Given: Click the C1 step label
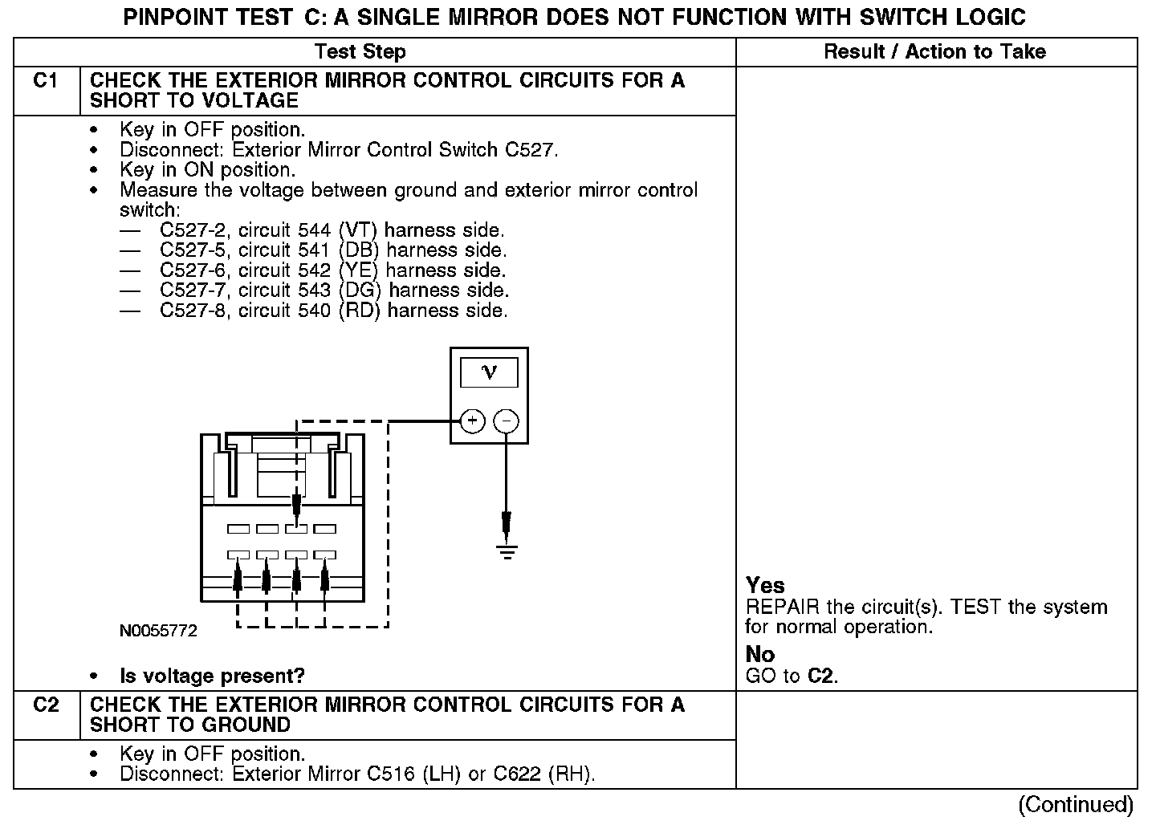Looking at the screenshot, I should pyautogui.click(x=45, y=81).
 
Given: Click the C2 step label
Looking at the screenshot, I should pyautogui.click(x=46, y=705).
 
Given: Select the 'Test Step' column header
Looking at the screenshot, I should pyautogui.click(x=360, y=52).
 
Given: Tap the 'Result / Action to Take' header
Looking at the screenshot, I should pyautogui.click(x=934, y=52).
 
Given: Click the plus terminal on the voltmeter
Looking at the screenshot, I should pyautogui.click(x=472, y=421).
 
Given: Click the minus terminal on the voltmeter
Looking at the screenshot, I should pyautogui.click(x=506, y=421).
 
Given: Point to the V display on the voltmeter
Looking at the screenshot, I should pyautogui.click(x=489, y=372).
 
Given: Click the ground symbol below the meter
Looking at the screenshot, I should pyautogui.click(x=507, y=551).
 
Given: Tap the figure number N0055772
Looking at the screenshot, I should pyautogui.click(x=158, y=632).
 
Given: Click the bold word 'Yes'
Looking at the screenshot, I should pyautogui.click(x=765, y=586).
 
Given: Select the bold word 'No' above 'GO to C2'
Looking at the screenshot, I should pyautogui.click(x=760, y=655).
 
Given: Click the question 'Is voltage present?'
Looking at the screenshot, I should pyautogui.click(x=212, y=677).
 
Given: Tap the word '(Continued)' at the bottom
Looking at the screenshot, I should pyautogui.click(x=1076, y=805).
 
